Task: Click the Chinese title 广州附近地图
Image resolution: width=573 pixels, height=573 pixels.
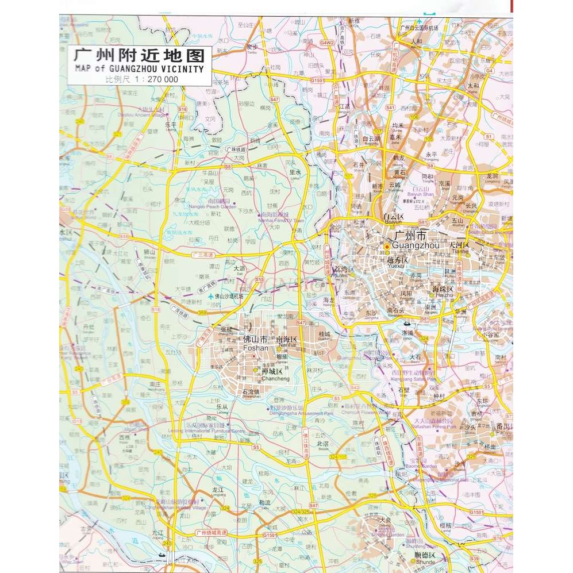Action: pyautogui.click(x=139, y=56)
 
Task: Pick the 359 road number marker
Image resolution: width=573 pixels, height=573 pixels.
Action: pyautogui.click(x=202, y=313)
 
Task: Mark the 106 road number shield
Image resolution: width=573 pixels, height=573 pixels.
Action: pyautogui.click(x=414, y=117)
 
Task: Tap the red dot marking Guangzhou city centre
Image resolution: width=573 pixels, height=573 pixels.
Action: pyautogui.click(x=387, y=247)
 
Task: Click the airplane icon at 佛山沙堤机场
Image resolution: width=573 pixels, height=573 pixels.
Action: pyautogui.click(x=211, y=296)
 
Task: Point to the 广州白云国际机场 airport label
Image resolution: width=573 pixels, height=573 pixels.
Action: pyautogui.click(x=419, y=27)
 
